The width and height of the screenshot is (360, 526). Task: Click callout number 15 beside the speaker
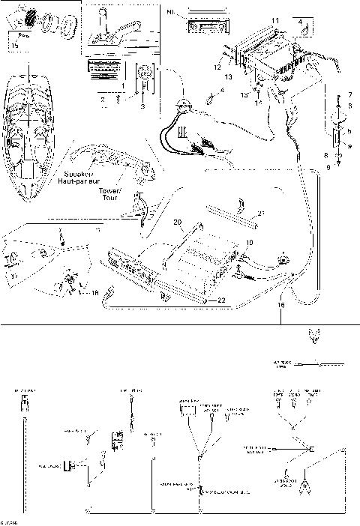(x=16, y=46)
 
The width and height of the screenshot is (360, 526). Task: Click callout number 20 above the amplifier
(x=178, y=222)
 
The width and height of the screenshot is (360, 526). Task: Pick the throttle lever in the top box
(x=112, y=30)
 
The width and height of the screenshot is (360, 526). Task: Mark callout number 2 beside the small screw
(x=103, y=98)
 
